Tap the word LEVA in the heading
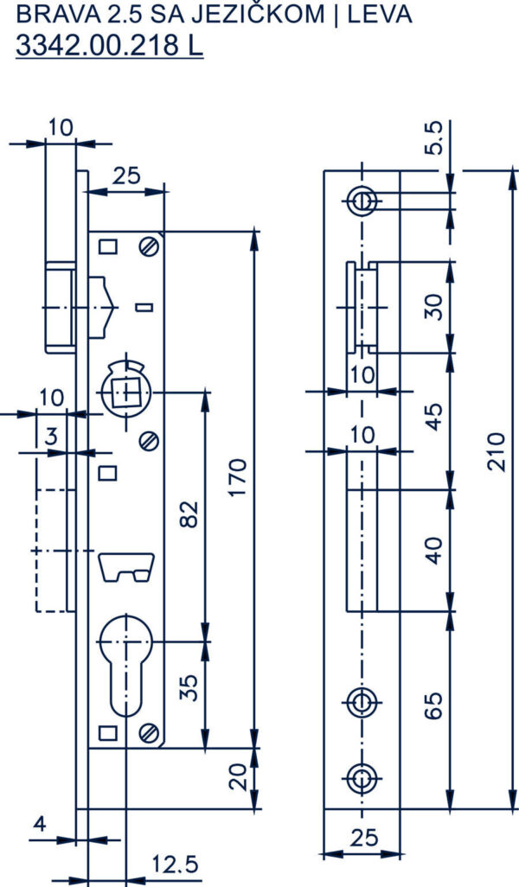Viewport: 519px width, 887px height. pos(380,14)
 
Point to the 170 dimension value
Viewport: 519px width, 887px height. pos(239,478)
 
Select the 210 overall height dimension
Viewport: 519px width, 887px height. pos(496,452)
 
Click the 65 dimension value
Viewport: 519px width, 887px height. pos(433,705)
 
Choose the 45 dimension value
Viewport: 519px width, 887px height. pos(433,417)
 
